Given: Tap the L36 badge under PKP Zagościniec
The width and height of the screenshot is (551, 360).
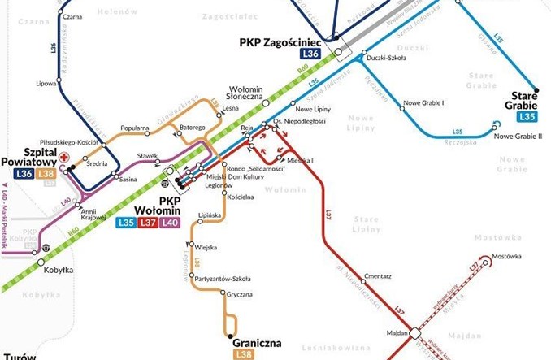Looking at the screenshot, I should pos(310,54).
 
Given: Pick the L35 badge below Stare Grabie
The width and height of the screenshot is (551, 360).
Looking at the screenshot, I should pos(524,117).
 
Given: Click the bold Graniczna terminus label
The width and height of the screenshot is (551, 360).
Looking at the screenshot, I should pos(257,343).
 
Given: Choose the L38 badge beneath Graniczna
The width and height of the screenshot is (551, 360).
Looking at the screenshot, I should pos(243,355).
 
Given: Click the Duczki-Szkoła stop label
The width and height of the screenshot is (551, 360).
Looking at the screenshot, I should pos(387,58).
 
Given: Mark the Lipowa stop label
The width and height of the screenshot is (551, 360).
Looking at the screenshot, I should pos(46,83).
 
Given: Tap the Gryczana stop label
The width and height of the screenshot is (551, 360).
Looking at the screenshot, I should pos(241,294).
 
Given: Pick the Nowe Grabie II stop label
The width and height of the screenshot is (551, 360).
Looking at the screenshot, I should pos(518,136).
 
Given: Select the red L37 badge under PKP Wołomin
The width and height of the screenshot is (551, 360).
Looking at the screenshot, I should pos(148,223).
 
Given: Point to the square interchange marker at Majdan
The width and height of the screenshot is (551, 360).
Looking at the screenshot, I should pos(414,332).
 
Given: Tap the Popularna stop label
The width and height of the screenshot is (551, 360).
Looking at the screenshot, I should pos(134,128).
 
